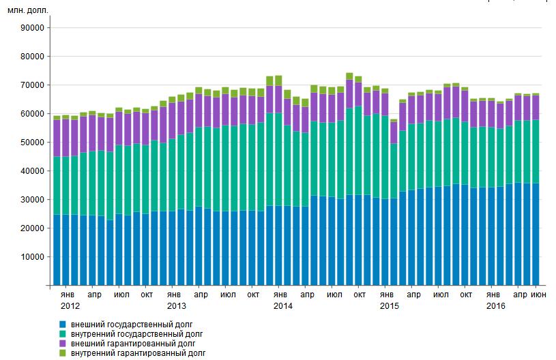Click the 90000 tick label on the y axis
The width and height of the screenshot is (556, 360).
click(x=32, y=28)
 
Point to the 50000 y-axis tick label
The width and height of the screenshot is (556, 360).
click(x=32, y=142)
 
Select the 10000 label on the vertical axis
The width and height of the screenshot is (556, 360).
click(x=32, y=257)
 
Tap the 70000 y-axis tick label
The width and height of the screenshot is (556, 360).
click(x=32, y=85)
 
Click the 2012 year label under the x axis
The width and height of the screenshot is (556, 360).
click(x=70, y=307)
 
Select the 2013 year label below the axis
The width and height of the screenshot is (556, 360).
click(x=176, y=307)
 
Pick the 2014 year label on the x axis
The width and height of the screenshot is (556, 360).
click(x=282, y=307)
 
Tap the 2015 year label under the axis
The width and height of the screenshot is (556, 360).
click(x=389, y=307)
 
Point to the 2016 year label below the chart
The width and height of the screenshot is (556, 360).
click(x=495, y=307)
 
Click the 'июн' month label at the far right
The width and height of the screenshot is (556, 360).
click(x=538, y=295)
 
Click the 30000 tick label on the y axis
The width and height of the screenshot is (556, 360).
click(x=32, y=200)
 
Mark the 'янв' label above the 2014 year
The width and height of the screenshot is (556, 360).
click(x=280, y=295)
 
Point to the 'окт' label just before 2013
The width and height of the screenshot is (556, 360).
click(x=147, y=295)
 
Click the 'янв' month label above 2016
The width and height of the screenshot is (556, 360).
click(x=493, y=295)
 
